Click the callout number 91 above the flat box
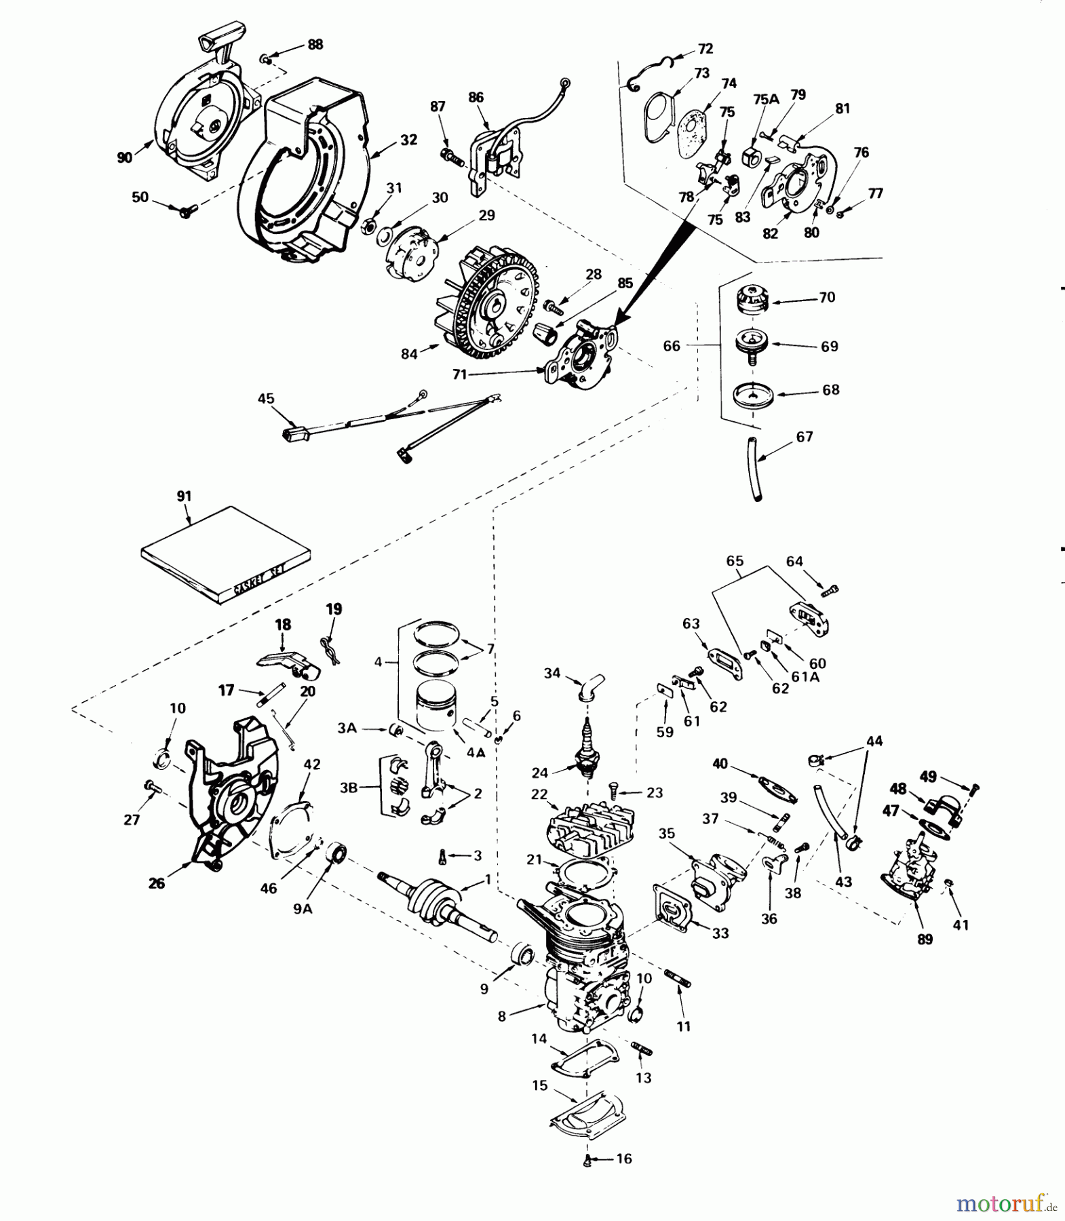pos(184,496)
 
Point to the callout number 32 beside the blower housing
pos(408,140)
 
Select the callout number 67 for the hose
pos(805,437)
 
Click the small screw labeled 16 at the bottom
pos(587,1163)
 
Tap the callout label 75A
pos(766,98)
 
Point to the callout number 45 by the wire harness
pos(266,398)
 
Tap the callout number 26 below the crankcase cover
pos(157,884)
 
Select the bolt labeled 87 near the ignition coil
pos(452,155)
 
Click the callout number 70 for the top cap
pos(827,297)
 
